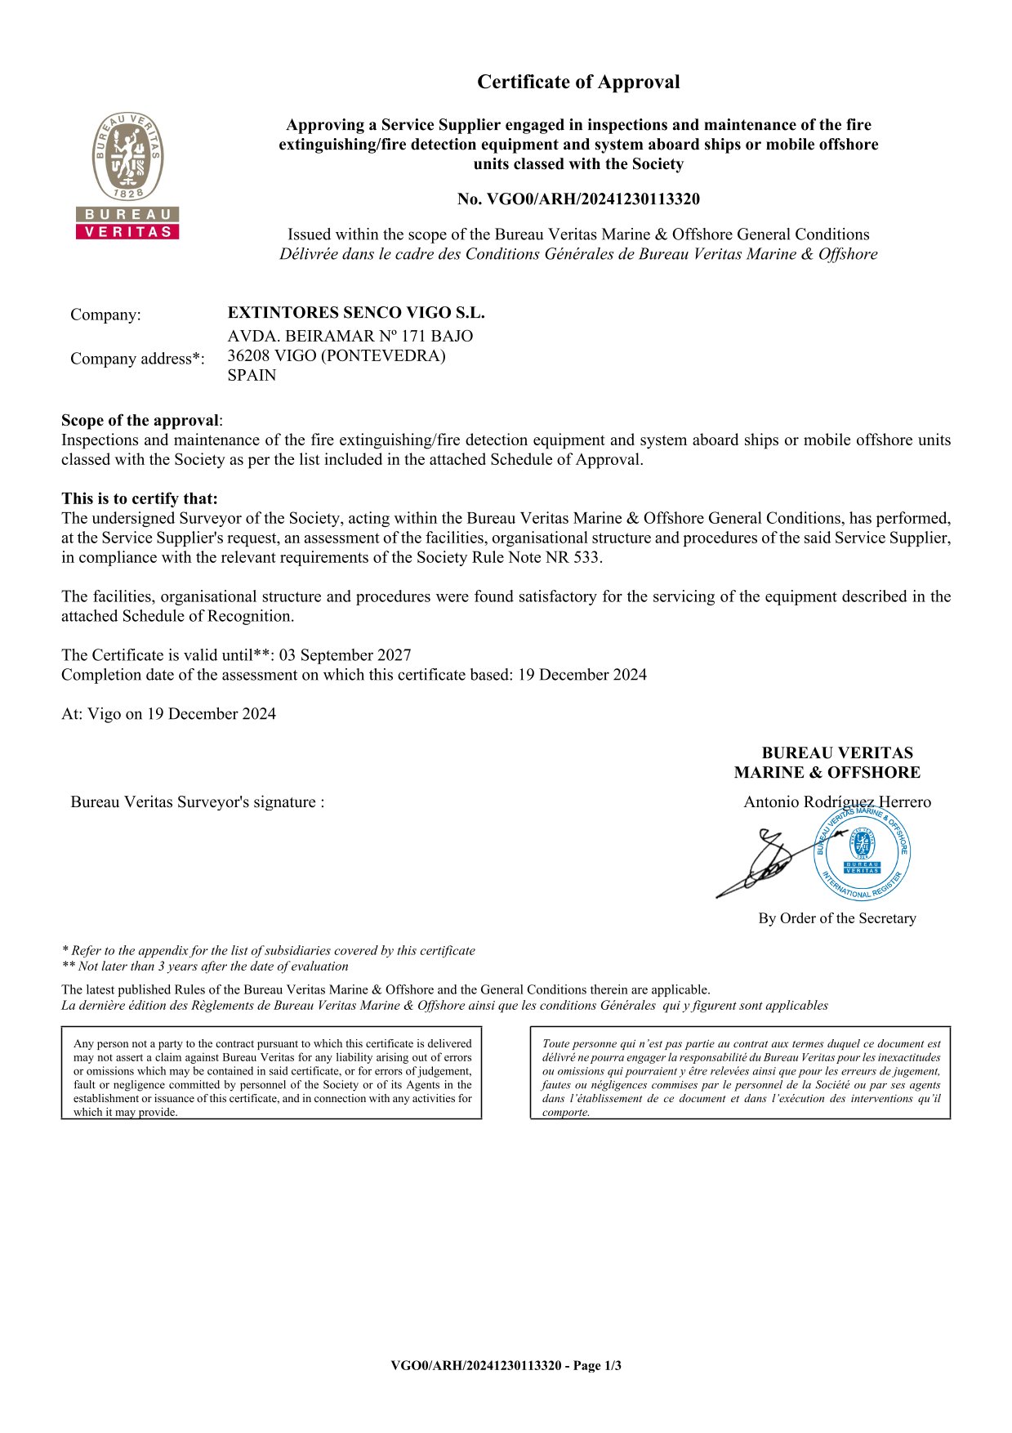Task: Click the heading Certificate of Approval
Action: [x=578, y=82]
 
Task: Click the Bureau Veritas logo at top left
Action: [x=127, y=176]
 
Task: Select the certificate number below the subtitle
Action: [x=578, y=199]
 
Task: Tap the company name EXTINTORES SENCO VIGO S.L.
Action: [x=355, y=313]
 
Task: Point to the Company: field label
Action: [x=105, y=315]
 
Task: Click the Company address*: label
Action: [x=137, y=359]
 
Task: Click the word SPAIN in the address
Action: [x=252, y=375]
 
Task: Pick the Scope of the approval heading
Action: [x=140, y=421]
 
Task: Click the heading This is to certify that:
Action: [x=140, y=498]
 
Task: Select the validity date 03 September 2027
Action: [x=345, y=655]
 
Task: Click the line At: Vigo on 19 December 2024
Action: [x=168, y=714]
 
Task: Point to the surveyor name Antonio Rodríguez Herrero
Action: [x=836, y=801]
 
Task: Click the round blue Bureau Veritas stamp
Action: [x=862, y=852]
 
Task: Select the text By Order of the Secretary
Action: [x=836, y=918]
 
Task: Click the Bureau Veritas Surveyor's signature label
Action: [x=198, y=802]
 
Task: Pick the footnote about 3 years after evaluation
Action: [x=205, y=966]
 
